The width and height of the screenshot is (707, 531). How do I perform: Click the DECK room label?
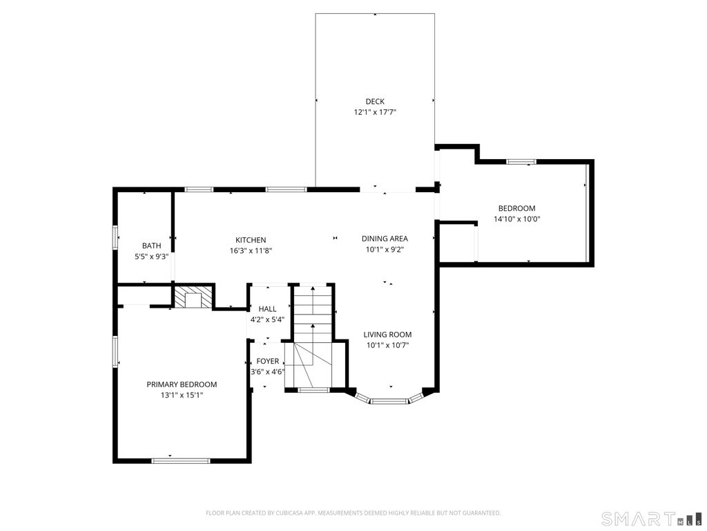click(375, 102)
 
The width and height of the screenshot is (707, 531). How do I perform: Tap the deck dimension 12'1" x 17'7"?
click(375, 113)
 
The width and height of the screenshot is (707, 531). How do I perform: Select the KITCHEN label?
click(251, 240)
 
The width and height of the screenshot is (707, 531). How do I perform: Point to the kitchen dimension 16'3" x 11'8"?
click(251, 250)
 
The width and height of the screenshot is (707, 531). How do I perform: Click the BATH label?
click(151, 245)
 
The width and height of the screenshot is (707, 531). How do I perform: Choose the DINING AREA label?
click(385, 239)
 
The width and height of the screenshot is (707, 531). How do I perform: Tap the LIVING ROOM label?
click(388, 335)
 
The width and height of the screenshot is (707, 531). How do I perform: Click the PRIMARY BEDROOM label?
click(182, 384)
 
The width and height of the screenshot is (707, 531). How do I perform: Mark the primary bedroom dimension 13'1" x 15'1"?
click(182, 395)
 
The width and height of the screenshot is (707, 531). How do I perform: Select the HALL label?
click(267, 309)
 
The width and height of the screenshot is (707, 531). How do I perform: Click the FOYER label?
click(268, 361)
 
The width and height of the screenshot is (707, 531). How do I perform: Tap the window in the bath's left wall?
click(115, 237)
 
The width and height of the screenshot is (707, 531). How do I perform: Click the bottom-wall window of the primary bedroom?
click(180, 460)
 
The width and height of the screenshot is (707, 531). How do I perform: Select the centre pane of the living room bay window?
click(389, 400)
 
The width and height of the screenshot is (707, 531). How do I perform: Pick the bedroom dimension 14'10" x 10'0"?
click(516, 219)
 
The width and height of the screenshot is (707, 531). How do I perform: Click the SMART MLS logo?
click(651, 517)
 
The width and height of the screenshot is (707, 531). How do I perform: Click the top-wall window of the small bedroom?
click(521, 162)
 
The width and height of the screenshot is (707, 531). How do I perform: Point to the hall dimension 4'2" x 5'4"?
click(267, 319)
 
